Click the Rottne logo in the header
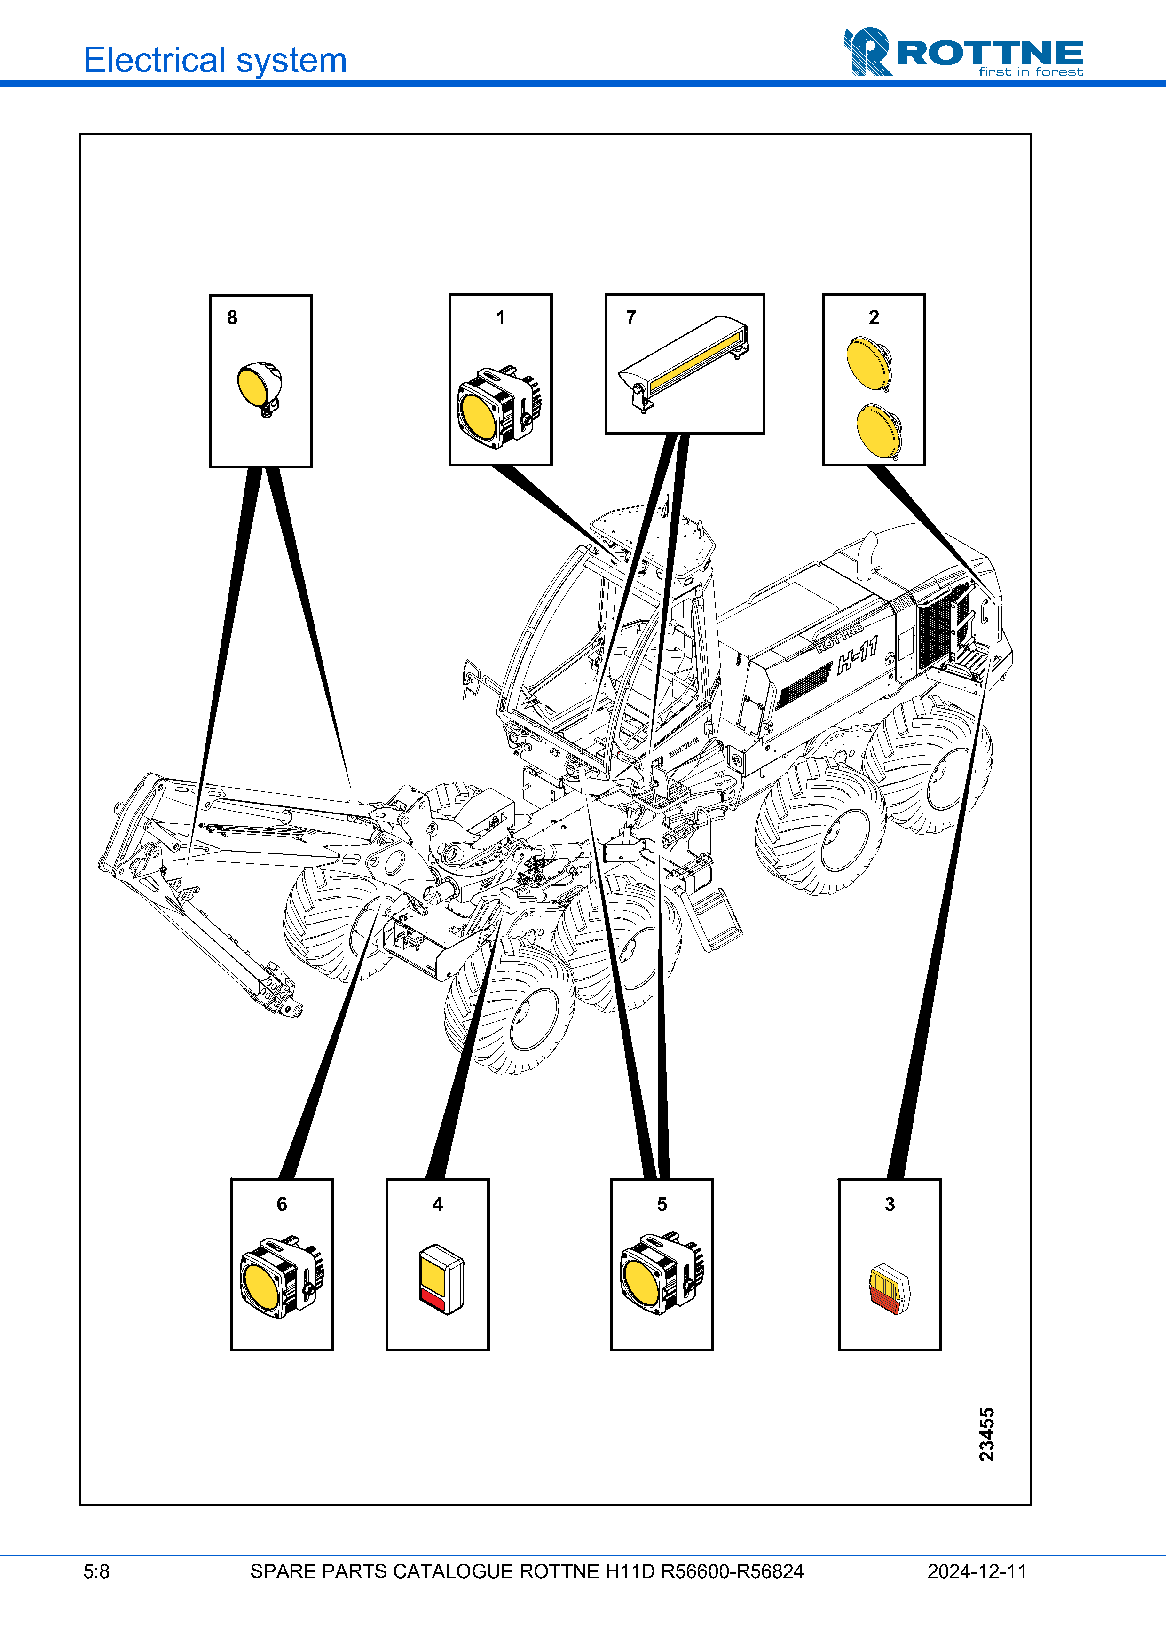pos(963,53)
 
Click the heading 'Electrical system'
pos(215,60)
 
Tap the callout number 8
pos(232,318)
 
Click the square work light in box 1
pos(498,408)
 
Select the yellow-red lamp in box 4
pos(441,1279)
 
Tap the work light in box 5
pos(661,1274)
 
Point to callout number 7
pos(631,318)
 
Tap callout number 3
pos(890,1204)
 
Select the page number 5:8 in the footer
pos(96,1571)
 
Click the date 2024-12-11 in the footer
pos(977,1571)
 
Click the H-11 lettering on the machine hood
pos(858,655)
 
